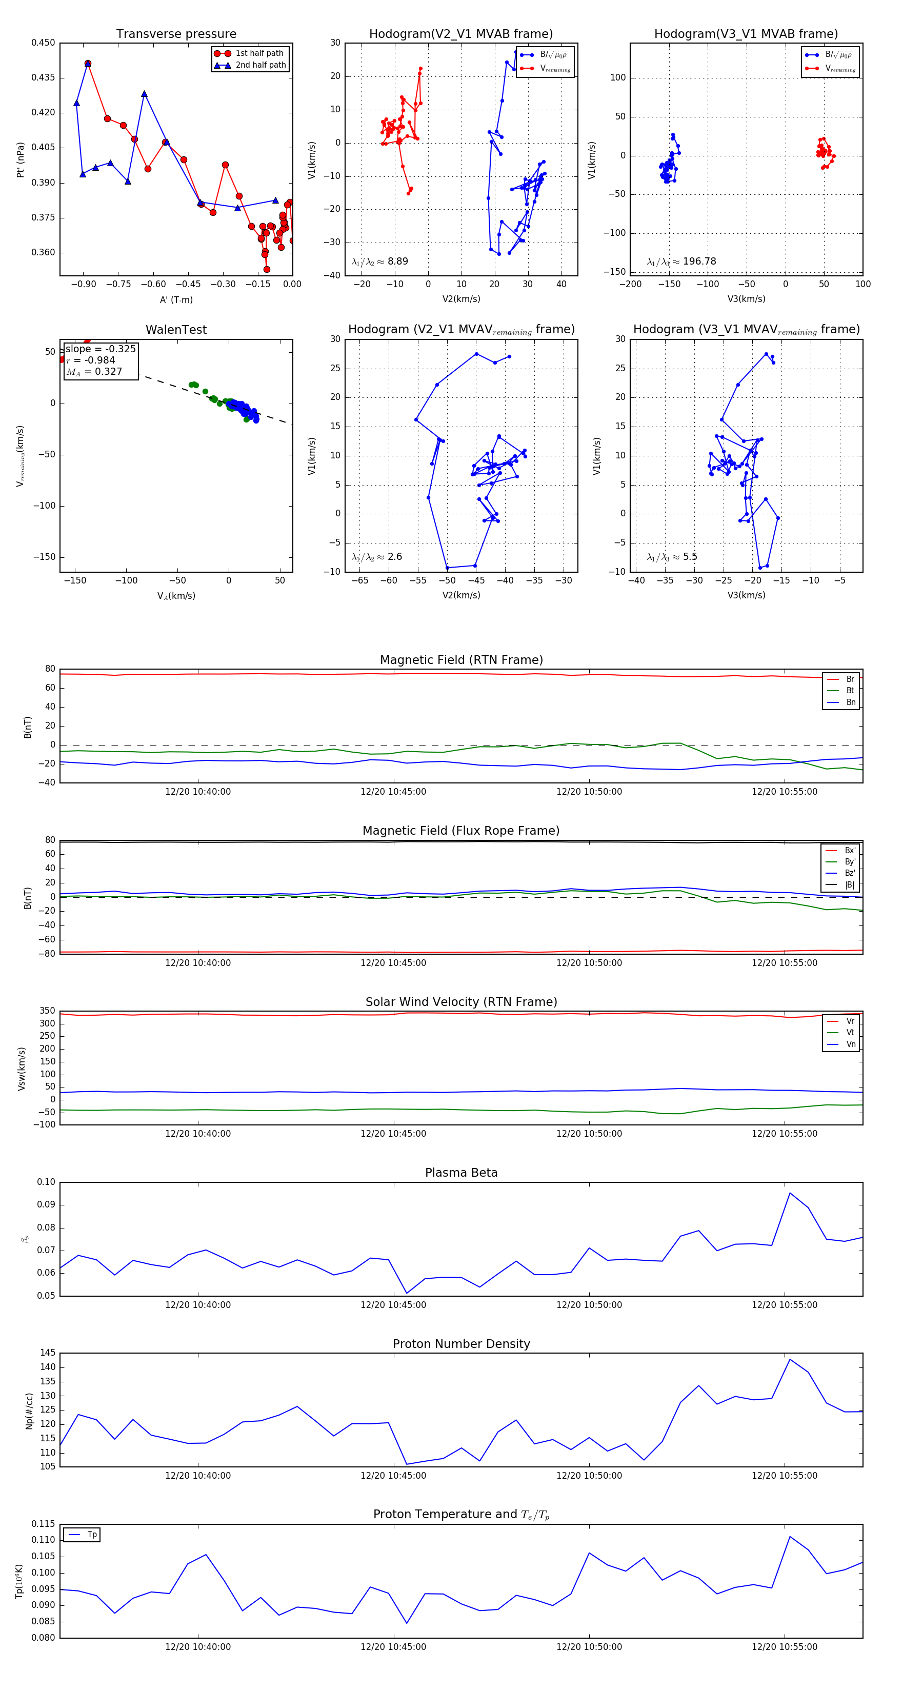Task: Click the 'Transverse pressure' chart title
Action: [176, 34]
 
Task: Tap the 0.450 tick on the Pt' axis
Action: [44, 43]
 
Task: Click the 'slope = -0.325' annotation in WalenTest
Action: [101, 349]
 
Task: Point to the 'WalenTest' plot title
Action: [176, 330]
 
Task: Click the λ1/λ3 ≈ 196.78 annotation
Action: [681, 261]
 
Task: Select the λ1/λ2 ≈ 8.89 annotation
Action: [379, 261]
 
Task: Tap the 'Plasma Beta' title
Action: [461, 1173]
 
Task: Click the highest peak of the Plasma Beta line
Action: [790, 1193]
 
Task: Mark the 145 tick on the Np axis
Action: [47, 1353]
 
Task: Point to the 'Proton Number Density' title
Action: [461, 1343]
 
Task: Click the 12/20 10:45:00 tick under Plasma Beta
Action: [393, 1304]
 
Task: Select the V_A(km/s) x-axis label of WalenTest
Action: [176, 596]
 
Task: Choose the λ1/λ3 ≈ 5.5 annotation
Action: [672, 557]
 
